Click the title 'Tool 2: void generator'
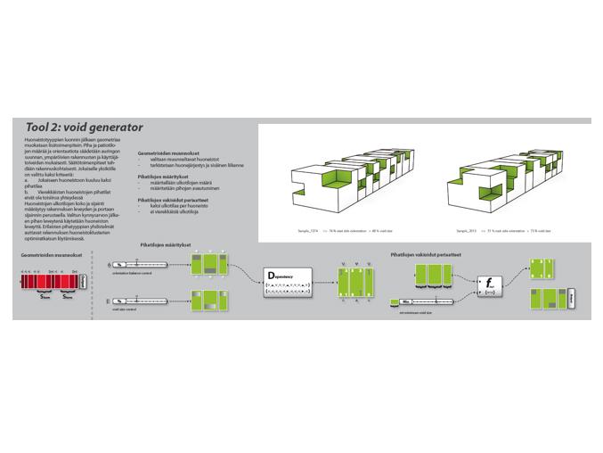[x=84, y=128]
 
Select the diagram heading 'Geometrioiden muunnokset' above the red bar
[x=47, y=255]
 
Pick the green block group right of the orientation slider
[x=210, y=265]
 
